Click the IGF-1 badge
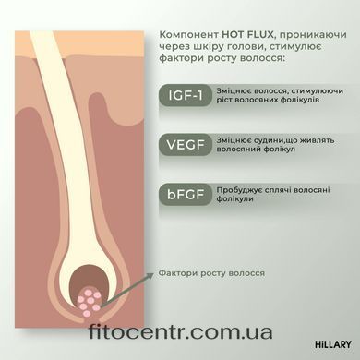point(186,95)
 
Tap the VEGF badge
point(186,145)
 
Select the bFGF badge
point(186,195)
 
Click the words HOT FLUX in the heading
point(247,34)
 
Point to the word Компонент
point(189,35)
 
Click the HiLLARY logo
point(333,344)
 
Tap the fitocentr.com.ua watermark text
point(181,331)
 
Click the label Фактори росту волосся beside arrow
point(211,273)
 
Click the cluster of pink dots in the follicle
point(90,301)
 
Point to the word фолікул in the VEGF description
point(279,150)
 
